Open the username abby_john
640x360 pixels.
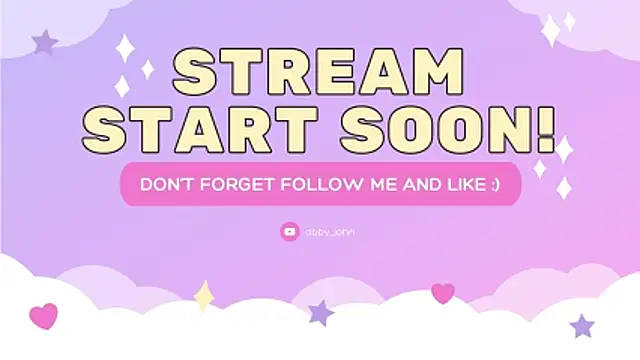[330, 232]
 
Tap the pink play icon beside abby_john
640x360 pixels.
[290, 232]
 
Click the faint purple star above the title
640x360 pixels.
[44, 42]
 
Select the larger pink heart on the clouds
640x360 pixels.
[43, 316]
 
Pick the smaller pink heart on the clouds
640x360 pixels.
[442, 293]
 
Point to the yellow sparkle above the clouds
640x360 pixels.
[204, 296]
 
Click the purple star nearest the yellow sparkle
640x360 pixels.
[321, 312]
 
